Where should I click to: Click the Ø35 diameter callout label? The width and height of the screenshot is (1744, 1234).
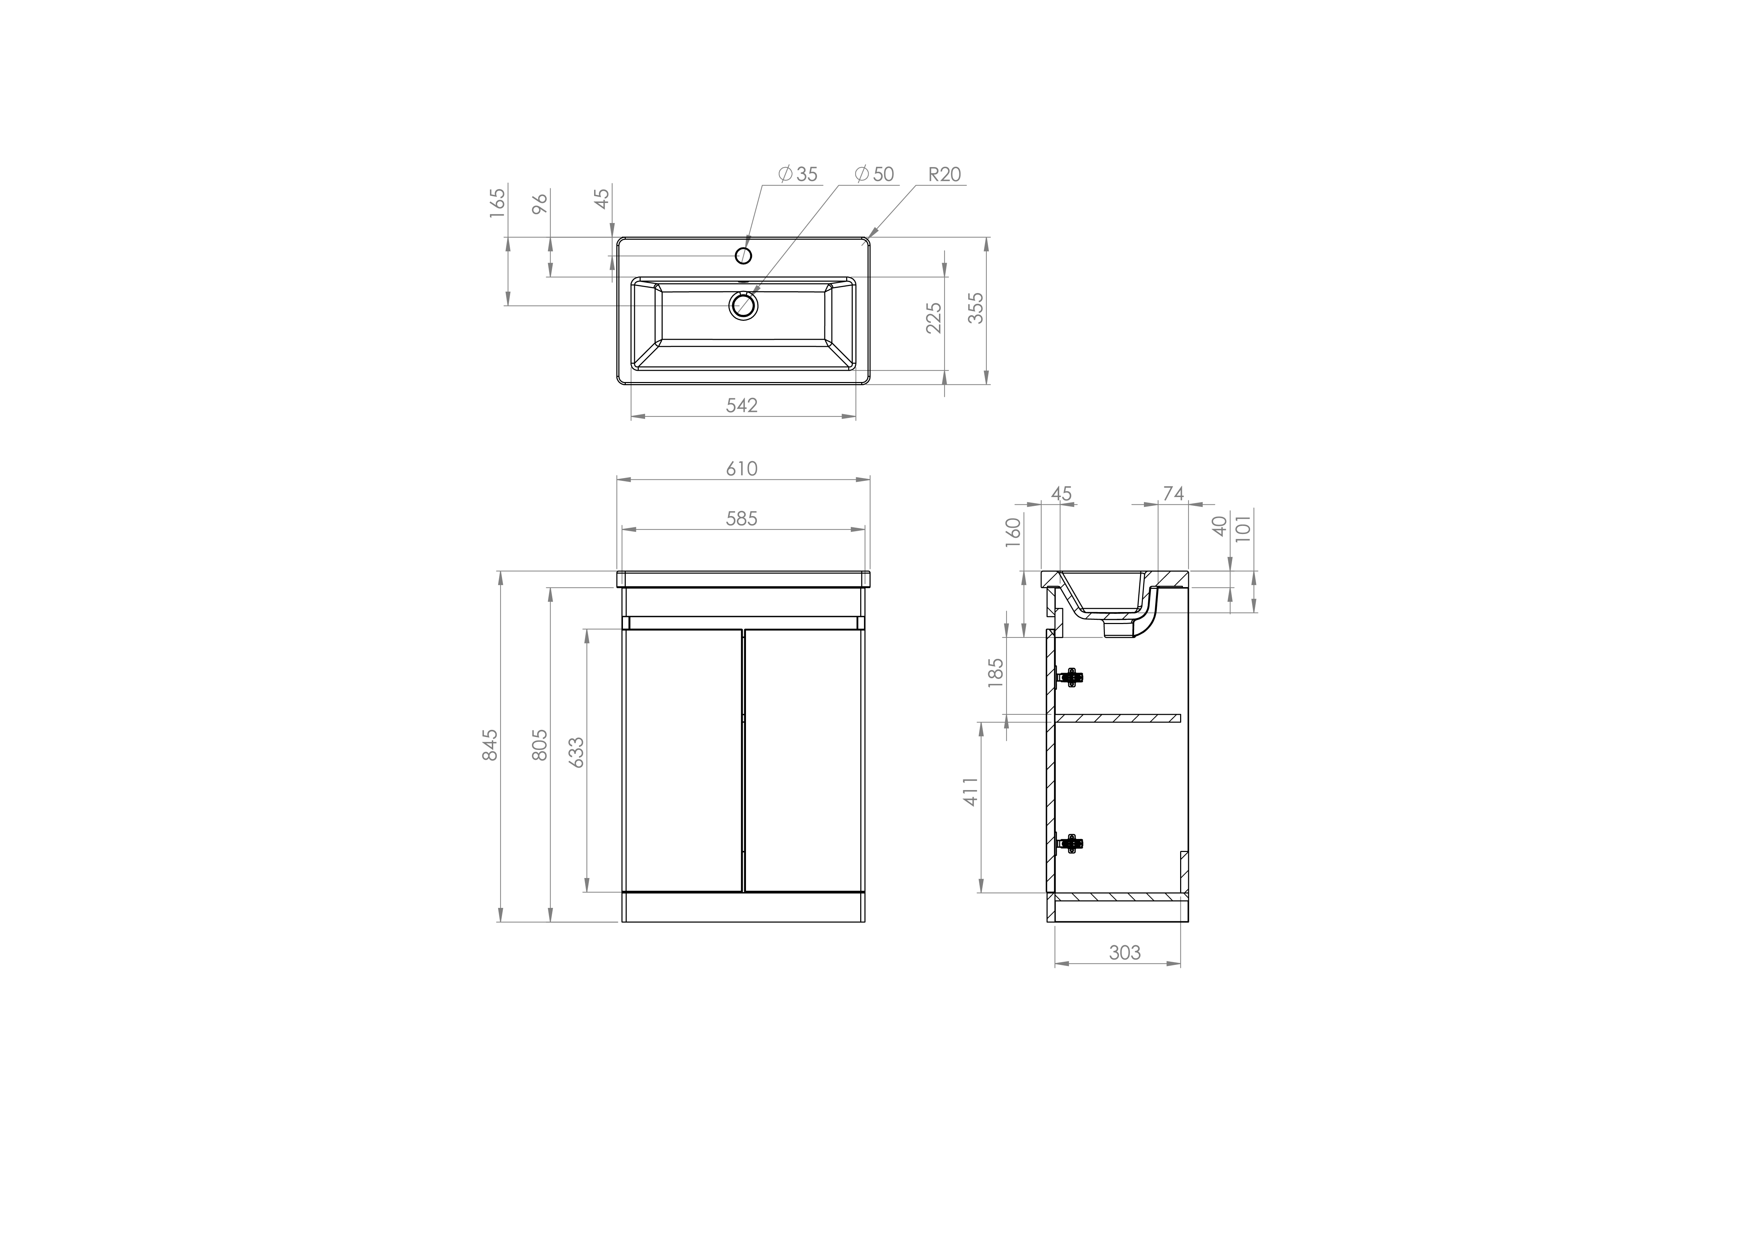tap(798, 174)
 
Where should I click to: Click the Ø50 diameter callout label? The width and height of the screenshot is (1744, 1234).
tap(874, 174)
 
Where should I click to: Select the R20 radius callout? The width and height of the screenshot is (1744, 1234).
tap(944, 174)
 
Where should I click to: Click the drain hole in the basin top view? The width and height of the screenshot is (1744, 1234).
tap(744, 305)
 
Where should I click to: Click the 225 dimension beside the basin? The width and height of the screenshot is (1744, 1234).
tap(934, 318)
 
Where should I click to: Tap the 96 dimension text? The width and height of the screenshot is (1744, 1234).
tap(540, 204)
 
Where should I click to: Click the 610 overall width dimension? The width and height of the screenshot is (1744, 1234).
tap(741, 469)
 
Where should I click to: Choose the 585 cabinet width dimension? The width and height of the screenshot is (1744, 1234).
tap(741, 518)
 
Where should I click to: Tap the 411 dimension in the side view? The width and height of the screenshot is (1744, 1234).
tap(972, 792)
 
